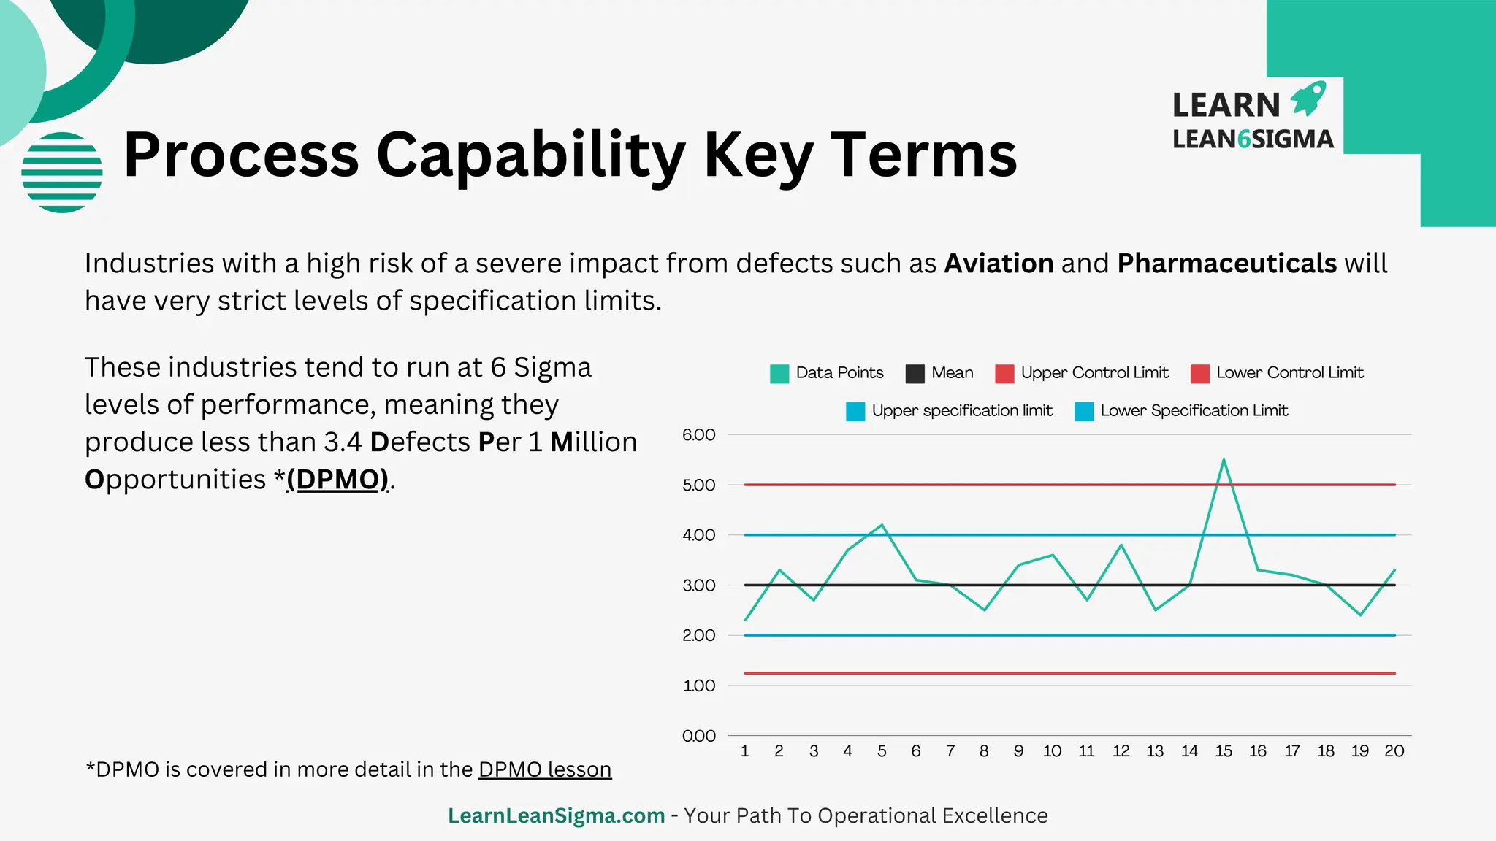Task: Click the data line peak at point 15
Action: tap(1224, 460)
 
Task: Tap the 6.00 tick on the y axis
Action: tap(698, 435)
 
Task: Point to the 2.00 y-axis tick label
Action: tap(698, 636)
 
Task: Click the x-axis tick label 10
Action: tap(1052, 751)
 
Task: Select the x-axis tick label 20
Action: tap(1394, 751)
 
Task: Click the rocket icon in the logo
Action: tap(1308, 99)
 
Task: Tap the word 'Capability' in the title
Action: tap(530, 155)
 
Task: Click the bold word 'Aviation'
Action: tap(999, 264)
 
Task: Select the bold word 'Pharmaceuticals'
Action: tap(1226, 264)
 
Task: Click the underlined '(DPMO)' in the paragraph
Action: tap(337, 480)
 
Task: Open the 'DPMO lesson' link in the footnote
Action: tap(545, 769)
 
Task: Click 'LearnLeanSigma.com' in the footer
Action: tap(556, 815)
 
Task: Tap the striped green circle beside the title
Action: tap(62, 172)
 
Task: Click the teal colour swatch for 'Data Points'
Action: tap(779, 374)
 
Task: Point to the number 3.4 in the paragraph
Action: tap(343, 442)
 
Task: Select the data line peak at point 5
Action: tap(882, 525)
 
